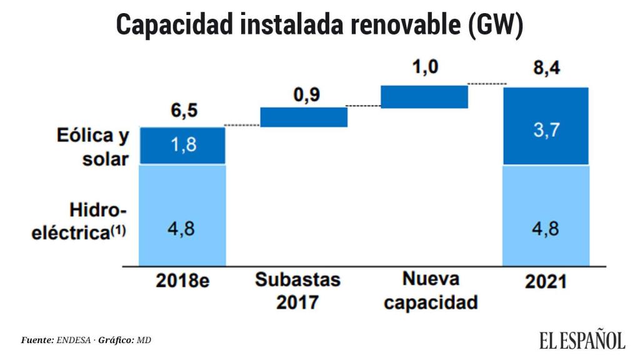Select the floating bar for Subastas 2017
pos(304,117)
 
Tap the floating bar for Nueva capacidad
pos(424,97)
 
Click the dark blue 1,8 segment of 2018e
pos(182,146)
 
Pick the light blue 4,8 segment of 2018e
pos(182,214)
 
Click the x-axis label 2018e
pos(182,281)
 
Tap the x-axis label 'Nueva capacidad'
pos(431,291)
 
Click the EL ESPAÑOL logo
pos(582,340)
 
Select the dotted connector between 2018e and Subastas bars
pos(242,126)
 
